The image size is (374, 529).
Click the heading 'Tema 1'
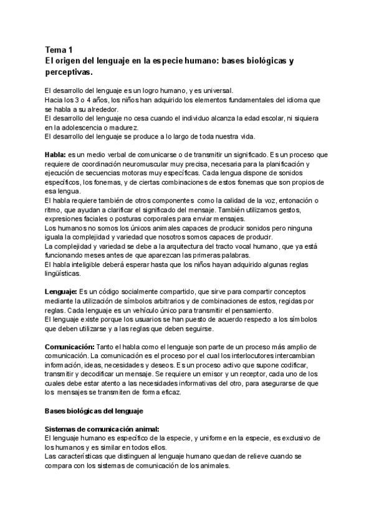[x=59, y=49]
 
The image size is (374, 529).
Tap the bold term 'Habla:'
[x=56, y=154]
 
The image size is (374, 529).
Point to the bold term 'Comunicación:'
[x=69, y=346]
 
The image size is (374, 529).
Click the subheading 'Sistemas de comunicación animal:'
[x=102, y=429]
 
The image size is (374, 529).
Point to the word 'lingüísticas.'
[x=67, y=273]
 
